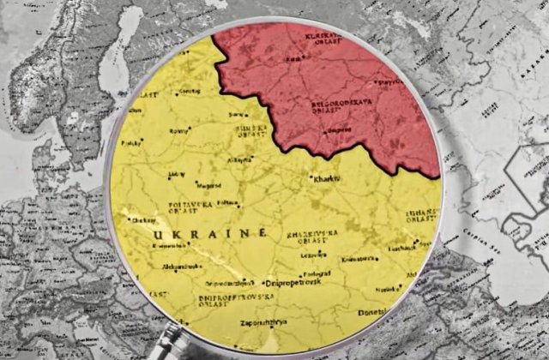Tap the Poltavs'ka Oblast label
tap(191, 207)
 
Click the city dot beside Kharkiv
tap(311, 177)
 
